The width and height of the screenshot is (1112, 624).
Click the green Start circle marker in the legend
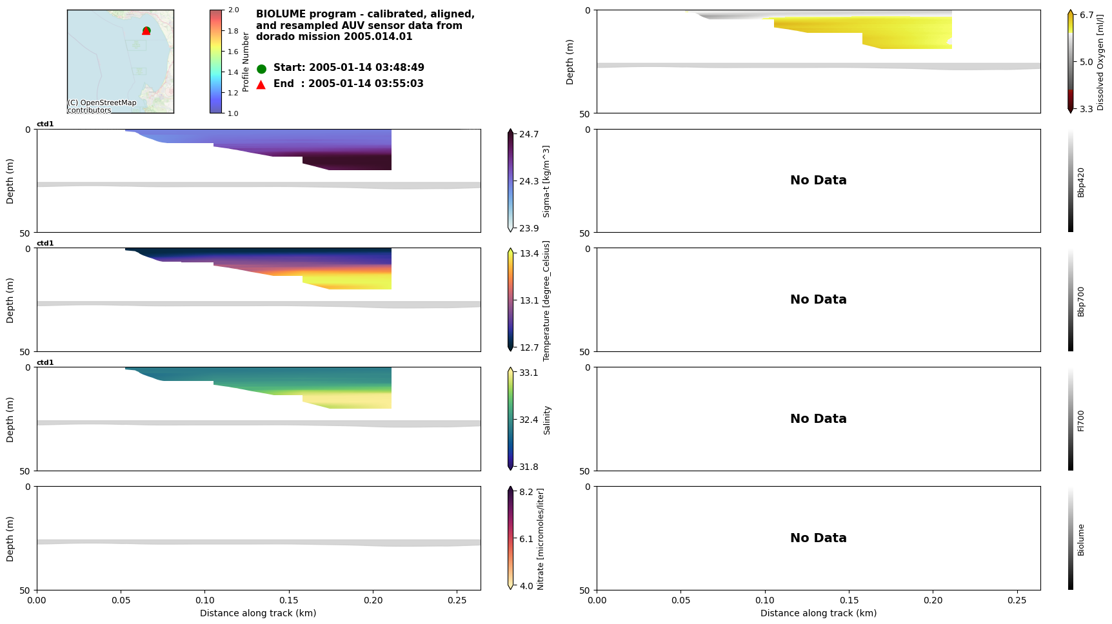pos(261,68)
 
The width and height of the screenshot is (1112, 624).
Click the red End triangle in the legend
pos(261,84)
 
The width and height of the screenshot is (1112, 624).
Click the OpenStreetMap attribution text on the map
pos(102,106)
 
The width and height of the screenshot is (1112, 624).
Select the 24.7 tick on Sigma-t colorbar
pos(529,134)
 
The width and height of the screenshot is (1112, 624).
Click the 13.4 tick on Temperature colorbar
pos(529,253)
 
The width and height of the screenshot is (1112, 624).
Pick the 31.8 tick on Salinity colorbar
pos(529,467)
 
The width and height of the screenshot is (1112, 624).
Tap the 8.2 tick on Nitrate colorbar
pos(526,492)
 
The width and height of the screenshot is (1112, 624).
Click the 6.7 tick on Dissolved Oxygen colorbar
pos(1087,15)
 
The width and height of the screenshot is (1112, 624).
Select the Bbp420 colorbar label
pos(1081,182)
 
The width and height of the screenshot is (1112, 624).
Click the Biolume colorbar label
pos(1081,540)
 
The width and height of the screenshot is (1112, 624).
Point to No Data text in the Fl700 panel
pos(818,419)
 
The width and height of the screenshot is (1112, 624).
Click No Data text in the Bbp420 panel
pos(818,180)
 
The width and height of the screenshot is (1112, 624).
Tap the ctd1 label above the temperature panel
pos(45,244)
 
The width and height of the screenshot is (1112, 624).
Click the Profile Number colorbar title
pos(246,62)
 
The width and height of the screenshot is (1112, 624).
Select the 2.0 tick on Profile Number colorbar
pos(233,10)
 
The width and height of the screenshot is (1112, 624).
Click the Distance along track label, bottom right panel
pos(818,613)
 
